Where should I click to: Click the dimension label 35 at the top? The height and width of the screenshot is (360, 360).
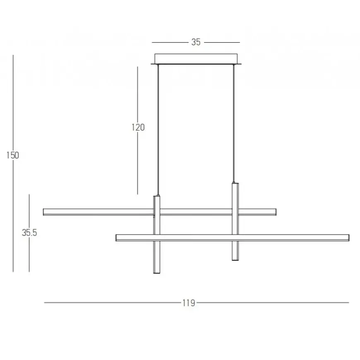(196, 42)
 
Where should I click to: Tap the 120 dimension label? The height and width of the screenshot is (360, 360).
(138, 127)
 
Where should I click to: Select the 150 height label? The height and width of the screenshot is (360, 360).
(13, 155)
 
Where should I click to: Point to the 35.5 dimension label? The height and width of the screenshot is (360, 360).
(29, 233)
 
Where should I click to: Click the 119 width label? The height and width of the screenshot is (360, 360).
(189, 303)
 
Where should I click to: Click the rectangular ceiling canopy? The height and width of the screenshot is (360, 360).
(196, 59)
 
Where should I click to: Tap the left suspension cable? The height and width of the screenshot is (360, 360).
(158, 130)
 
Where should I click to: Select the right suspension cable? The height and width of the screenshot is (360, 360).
(234, 124)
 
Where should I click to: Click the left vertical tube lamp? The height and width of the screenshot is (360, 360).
(156, 234)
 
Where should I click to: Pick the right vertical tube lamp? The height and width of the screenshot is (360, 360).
(235, 221)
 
